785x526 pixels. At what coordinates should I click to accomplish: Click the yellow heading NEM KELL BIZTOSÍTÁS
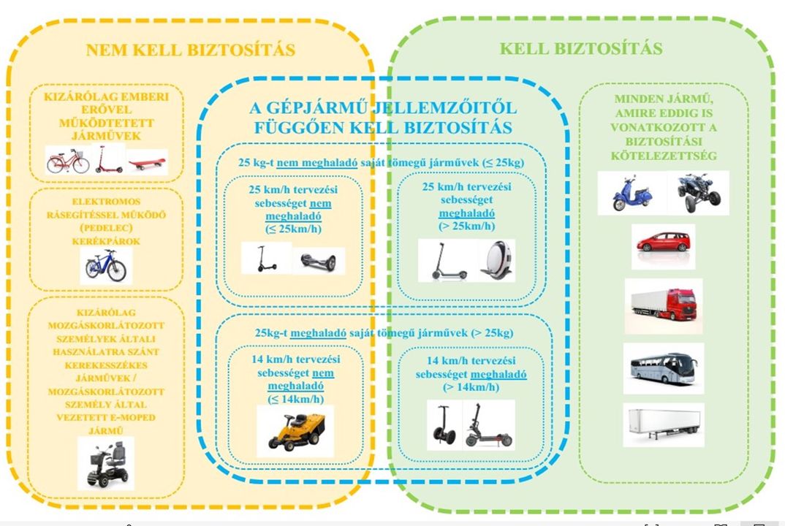[190, 50]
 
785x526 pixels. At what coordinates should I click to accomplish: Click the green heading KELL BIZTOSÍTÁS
[581, 48]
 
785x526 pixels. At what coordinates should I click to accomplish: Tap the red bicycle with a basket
[68, 160]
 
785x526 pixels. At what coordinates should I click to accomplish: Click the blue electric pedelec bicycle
[106, 266]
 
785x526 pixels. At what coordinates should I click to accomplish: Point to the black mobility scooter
[106, 464]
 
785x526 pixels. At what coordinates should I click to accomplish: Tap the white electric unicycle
[497, 260]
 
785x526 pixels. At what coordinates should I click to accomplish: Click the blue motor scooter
[632, 193]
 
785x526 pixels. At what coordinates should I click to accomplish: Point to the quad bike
[699, 192]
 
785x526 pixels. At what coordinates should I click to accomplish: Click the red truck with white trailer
[664, 305]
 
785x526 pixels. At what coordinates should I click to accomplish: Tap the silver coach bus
[664, 368]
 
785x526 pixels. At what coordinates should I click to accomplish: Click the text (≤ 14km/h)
[295, 400]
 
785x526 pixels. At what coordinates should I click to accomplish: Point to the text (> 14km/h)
[471, 387]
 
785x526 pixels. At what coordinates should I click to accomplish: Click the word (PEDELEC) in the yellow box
[106, 228]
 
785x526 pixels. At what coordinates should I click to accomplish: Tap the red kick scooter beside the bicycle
[107, 159]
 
